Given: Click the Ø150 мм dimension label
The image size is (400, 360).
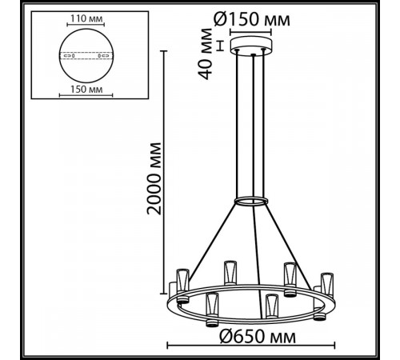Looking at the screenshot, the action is (x=252, y=19).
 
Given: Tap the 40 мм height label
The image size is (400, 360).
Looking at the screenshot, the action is (x=206, y=54).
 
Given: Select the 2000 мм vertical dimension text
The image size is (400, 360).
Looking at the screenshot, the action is (x=154, y=178).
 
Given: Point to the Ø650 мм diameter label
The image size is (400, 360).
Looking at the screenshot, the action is (x=258, y=337).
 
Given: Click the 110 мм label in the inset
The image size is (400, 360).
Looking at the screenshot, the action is (x=86, y=18).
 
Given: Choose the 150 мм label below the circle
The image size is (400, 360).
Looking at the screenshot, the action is (x=86, y=90).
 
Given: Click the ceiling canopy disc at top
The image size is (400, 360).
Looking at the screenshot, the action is (x=251, y=46).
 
